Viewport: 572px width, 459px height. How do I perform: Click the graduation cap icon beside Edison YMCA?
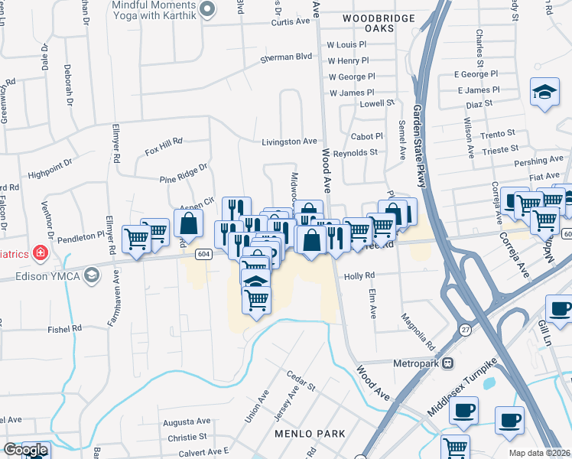pos(91,275)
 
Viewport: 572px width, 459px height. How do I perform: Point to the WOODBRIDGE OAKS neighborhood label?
pos(379,23)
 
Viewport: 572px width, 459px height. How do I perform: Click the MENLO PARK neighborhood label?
pos(310,434)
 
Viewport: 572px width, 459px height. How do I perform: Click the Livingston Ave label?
pos(289,142)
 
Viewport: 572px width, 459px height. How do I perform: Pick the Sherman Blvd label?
pos(287,57)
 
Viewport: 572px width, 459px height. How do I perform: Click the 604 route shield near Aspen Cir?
pos(203,253)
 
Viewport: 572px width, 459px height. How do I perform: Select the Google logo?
pos(26,450)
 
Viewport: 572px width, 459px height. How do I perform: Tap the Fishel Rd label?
pos(64,329)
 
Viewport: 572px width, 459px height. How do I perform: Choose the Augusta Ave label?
pos(187,422)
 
